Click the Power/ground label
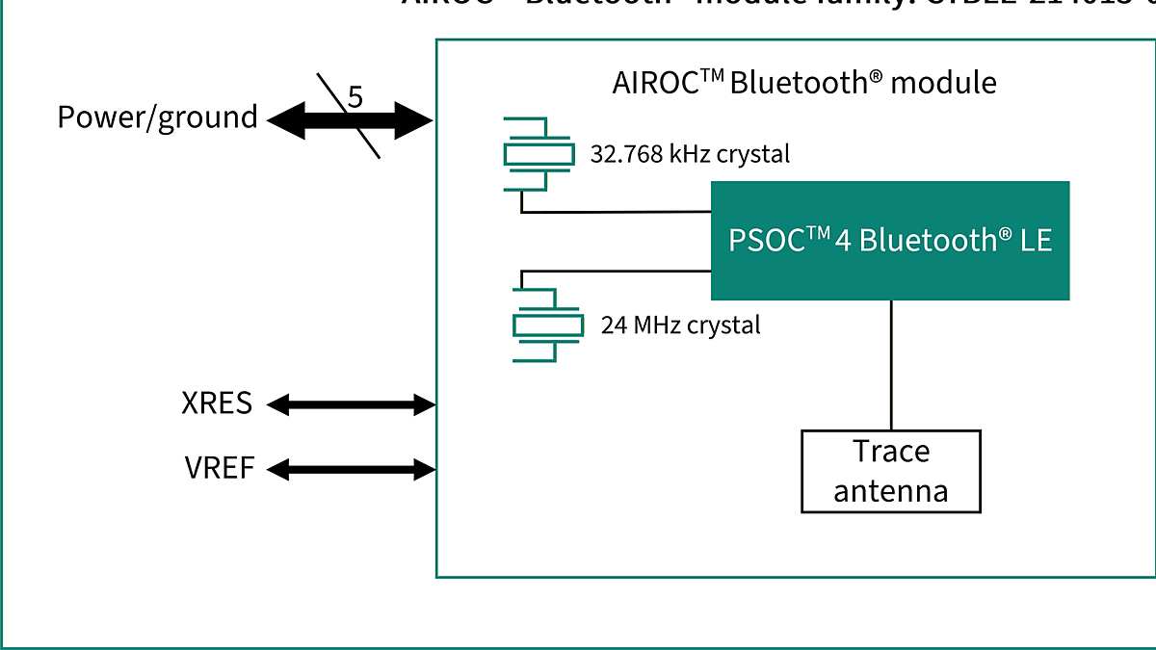(x=157, y=117)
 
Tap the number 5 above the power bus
(x=355, y=97)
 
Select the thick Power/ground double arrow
(x=299, y=121)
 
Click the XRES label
(x=217, y=403)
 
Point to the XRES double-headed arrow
(x=351, y=404)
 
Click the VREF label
(x=220, y=469)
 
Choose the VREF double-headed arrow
(x=351, y=470)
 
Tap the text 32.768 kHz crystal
(x=689, y=154)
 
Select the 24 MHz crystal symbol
(x=547, y=325)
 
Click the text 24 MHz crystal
(x=680, y=325)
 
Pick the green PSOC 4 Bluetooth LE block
(x=889, y=241)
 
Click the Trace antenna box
(x=890, y=471)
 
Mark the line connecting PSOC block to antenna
(x=890, y=366)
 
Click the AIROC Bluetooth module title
(x=803, y=83)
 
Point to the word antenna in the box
(x=890, y=491)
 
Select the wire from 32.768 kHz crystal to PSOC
(x=617, y=212)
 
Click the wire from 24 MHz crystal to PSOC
(x=617, y=272)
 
